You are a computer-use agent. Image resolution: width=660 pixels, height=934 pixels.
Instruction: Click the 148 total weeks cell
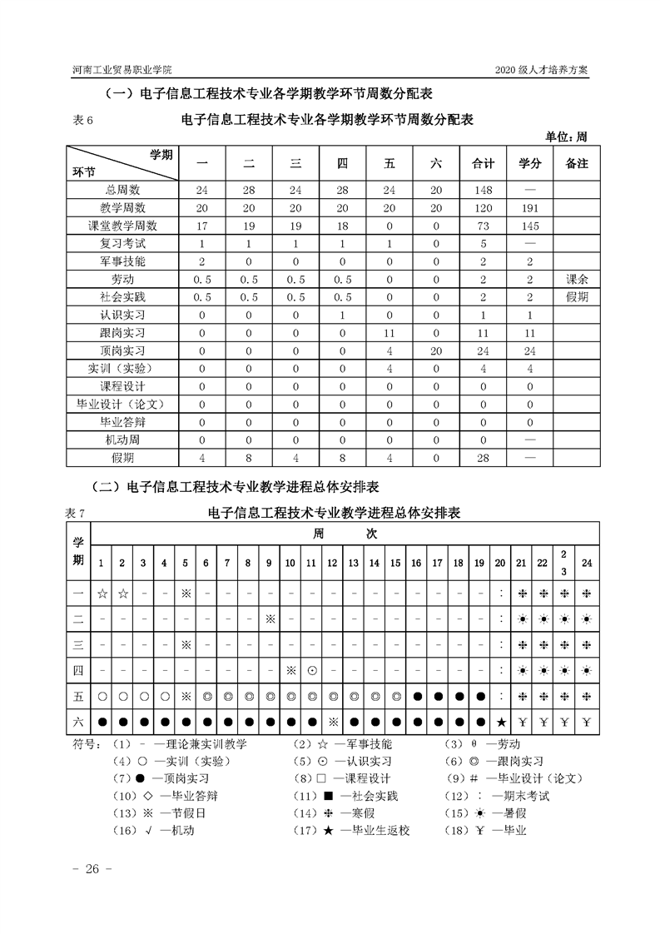coord(483,190)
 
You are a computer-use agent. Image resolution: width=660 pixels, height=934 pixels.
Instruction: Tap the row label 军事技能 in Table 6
coord(122,261)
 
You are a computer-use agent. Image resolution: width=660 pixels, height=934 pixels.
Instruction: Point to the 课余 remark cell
coord(576,279)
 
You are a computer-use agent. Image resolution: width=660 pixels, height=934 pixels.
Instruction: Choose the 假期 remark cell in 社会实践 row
coord(576,296)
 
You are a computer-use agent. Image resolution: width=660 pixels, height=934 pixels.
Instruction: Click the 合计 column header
coord(483,163)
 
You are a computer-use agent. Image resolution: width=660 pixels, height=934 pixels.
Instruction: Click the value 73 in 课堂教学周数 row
coord(483,226)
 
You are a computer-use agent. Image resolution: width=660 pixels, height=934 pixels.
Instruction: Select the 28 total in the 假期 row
coord(483,457)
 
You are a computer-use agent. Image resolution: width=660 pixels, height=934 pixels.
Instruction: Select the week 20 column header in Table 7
coord(500,564)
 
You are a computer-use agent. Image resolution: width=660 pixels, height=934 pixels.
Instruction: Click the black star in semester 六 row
coord(500,720)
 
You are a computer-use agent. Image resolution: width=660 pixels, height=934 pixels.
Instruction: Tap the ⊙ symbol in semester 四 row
coord(311,669)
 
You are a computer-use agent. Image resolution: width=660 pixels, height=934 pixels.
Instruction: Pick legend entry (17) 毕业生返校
coord(351,830)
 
